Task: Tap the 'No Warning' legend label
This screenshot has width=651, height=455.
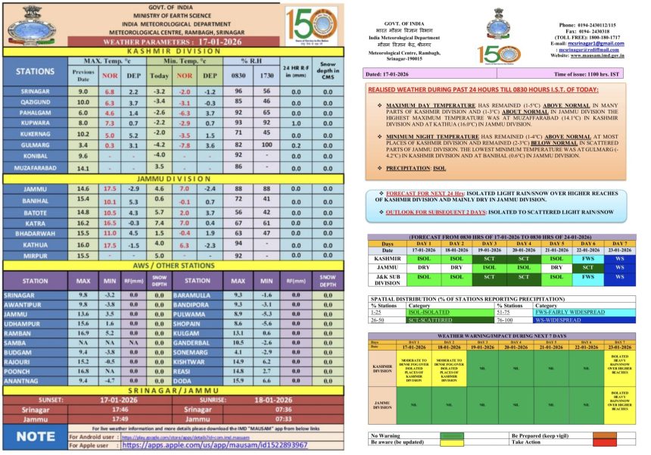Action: tap(386, 436)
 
